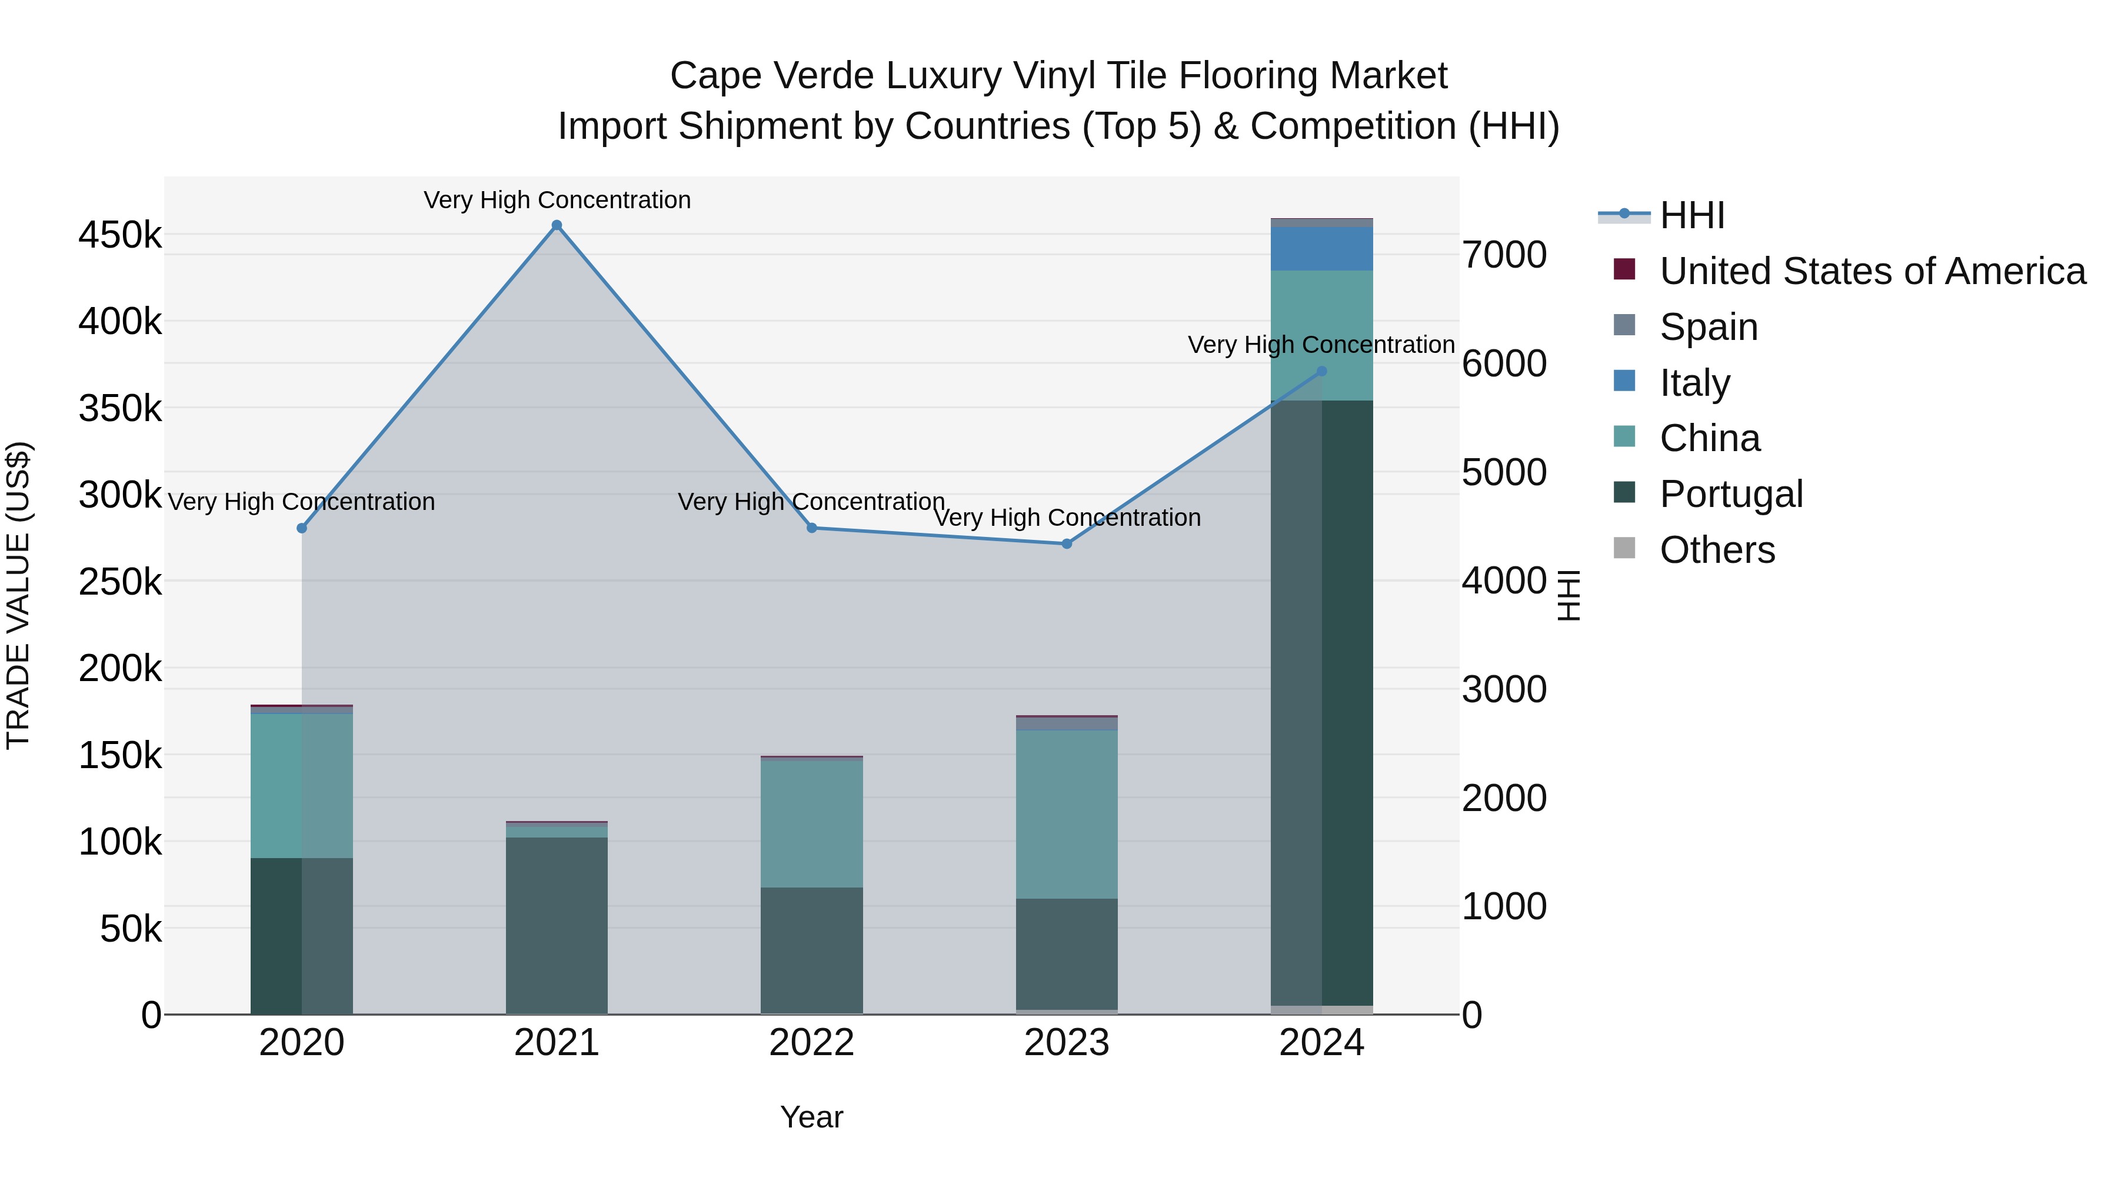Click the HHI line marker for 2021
(557, 225)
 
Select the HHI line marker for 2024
(1321, 372)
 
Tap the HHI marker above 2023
(1067, 543)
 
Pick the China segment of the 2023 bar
(1067, 814)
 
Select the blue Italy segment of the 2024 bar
(1321, 249)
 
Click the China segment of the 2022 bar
(811, 823)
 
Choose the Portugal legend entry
(1731, 494)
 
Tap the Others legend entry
(1717, 550)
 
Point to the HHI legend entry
(1691, 215)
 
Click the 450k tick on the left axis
(120, 235)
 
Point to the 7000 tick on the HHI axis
(1504, 255)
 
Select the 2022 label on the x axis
(811, 1043)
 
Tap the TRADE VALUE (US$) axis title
(18, 595)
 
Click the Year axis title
(811, 1117)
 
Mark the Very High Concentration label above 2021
(557, 200)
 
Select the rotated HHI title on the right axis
(1568, 595)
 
